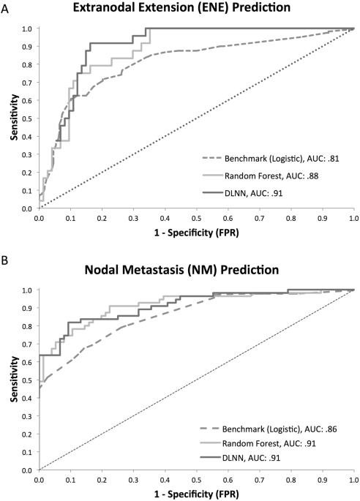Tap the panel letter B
[x=6, y=258]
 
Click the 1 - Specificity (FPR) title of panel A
[x=195, y=232]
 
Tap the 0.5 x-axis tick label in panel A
[x=195, y=217]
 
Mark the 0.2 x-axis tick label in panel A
[x=101, y=217]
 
